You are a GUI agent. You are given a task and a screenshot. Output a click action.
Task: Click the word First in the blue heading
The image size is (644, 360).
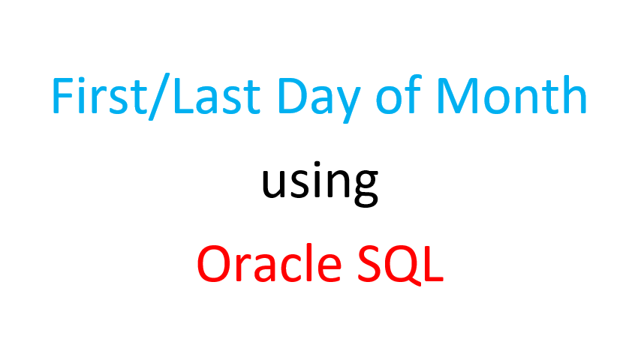(99, 95)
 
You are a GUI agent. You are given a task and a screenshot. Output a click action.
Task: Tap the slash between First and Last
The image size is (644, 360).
(159, 97)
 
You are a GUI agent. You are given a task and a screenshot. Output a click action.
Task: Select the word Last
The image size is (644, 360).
(217, 96)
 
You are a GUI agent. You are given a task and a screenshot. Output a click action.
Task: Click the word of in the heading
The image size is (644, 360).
(399, 94)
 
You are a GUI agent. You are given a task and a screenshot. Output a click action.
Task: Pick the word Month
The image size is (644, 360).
(511, 94)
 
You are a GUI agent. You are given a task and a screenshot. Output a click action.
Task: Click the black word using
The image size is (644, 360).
(320, 184)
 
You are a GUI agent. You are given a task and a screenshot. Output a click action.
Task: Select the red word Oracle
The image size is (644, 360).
(269, 263)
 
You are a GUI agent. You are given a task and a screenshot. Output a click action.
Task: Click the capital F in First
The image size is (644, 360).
(62, 96)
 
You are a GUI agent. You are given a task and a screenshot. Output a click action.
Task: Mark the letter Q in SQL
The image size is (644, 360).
(402, 265)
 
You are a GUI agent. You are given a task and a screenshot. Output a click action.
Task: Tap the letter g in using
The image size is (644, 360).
(363, 190)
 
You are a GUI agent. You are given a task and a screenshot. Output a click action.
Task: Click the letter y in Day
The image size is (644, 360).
(346, 106)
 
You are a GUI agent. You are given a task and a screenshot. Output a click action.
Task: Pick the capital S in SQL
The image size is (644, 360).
(369, 264)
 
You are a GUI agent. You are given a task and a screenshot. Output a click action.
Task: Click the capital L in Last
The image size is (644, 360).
(184, 96)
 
